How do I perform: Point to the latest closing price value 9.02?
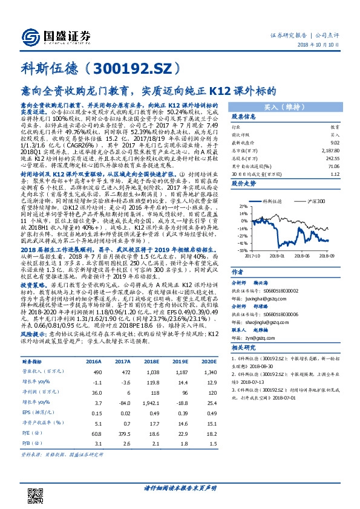(x=332, y=142)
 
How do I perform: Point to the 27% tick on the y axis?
(x=225, y=206)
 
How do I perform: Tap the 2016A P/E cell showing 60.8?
(x=94, y=433)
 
